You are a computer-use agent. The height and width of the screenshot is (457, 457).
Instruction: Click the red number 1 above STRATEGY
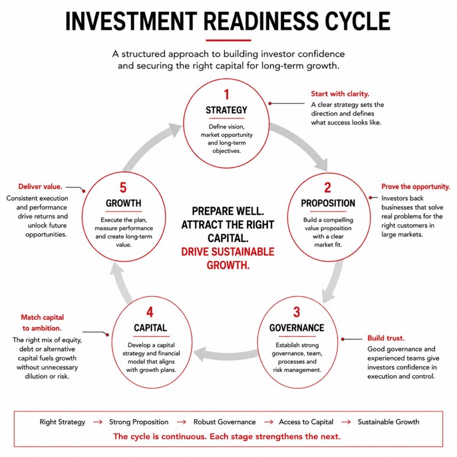tap(226, 95)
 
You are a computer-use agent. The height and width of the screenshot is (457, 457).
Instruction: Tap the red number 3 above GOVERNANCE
tap(296, 312)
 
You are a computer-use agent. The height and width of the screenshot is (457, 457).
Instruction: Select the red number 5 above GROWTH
tap(123, 188)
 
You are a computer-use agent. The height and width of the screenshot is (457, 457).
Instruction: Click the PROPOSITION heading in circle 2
tap(328, 203)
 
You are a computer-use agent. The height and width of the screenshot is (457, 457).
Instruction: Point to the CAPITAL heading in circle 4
tap(150, 328)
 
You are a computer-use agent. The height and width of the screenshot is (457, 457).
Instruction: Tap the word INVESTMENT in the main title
tap(131, 21)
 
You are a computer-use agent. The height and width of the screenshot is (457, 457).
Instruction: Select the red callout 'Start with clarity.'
tap(340, 94)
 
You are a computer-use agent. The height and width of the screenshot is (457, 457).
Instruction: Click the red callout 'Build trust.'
tap(386, 338)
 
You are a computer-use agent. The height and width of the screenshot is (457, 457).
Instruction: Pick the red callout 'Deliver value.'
tap(40, 187)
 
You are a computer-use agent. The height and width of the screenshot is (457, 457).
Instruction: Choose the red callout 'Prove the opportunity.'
tap(415, 187)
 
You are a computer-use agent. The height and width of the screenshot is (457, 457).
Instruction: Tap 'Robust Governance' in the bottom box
tap(224, 422)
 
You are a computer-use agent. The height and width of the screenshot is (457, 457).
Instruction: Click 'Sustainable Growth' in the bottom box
tap(389, 422)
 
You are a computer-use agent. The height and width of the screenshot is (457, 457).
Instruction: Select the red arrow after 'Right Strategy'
tap(98, 422)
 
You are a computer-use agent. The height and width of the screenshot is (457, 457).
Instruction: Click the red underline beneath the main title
tap(228, 40)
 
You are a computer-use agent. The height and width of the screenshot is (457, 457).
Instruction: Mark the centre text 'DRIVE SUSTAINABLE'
tap(228, 252)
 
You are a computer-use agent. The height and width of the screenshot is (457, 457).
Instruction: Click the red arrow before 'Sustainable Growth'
tap(346, 422)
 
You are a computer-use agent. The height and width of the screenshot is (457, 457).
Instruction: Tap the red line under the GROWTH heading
tap(124, 211)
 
